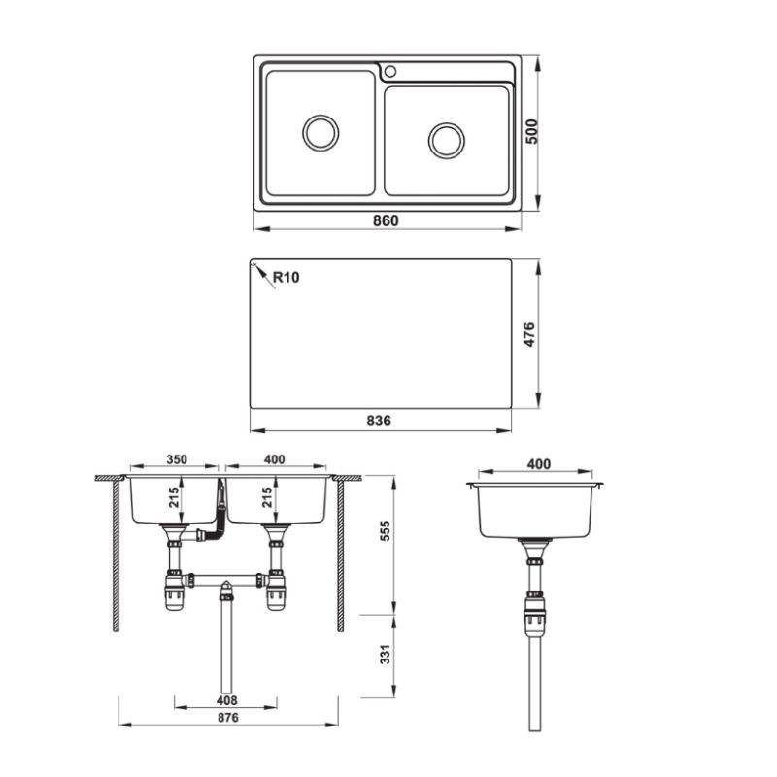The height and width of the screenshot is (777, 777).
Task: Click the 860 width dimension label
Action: (x=386, y=220)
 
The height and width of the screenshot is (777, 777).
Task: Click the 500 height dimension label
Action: (x=531, y=132)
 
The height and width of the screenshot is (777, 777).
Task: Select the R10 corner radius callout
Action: (x=286, y=277)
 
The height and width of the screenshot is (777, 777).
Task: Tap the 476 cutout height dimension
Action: (x=531, y=333)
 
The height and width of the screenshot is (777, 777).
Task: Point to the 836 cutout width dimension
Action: (x=379, y=421)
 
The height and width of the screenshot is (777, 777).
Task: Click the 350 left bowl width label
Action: (x=176, y=459)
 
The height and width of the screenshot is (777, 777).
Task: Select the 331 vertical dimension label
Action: (x=385, y=656)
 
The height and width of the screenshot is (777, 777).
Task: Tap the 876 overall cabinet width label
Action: (x=227, y=717)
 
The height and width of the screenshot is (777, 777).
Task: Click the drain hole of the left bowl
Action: (x=321, y=133)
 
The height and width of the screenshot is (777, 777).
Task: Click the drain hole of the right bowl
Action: (x=447, y=140)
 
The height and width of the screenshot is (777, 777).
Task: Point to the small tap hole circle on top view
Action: (x=390, y=71)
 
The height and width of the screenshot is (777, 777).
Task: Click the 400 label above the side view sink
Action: (x=536, y=464)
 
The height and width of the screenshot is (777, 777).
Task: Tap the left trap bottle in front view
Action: (x=175, y=592)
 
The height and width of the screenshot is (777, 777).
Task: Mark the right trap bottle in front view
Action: (x=277, y=592)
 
